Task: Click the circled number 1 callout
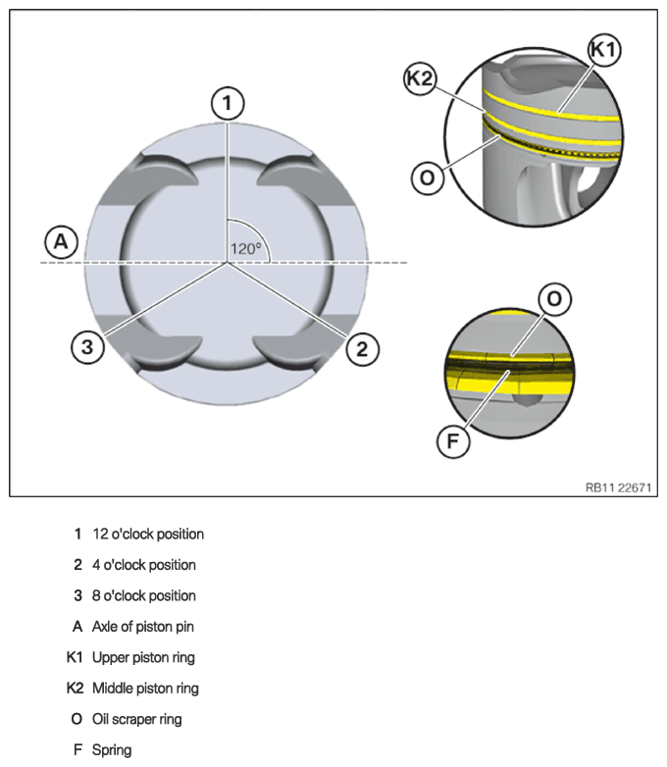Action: click(227, 104)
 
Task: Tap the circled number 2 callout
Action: click(362, 349)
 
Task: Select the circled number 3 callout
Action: click(87, 347)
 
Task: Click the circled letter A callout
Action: click(61, 241)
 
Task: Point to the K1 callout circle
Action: click(604, 50)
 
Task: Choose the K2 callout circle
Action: click(421, 78)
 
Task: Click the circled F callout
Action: click(453, 440)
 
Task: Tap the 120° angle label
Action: click(245, 249)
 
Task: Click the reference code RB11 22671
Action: click(619, 487)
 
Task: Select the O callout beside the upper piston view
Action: click(428, 178)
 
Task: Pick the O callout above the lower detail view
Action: click(554, 298)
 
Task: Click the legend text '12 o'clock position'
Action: click(148, 534)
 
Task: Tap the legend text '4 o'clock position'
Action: click(144, 565)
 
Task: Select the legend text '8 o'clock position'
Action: click(144, 595)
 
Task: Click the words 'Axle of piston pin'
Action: click(143, 627)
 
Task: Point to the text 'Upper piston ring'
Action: click(143, 657)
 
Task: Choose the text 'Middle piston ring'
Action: click(145, 689)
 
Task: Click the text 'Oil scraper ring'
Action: click(137, 719)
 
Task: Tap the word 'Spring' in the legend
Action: click(112, 750)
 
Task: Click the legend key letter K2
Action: click(75, 689)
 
